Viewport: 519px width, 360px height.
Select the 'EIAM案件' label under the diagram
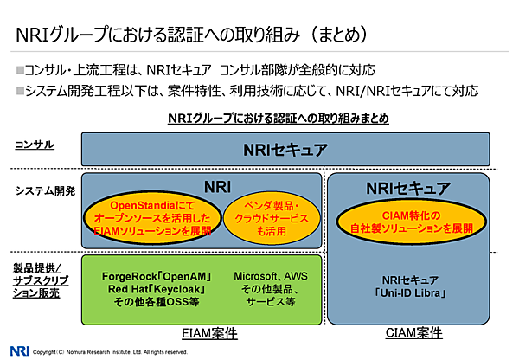210,332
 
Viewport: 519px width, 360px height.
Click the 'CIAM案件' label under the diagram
407,332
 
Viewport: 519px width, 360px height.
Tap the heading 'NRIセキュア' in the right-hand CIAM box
409,188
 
